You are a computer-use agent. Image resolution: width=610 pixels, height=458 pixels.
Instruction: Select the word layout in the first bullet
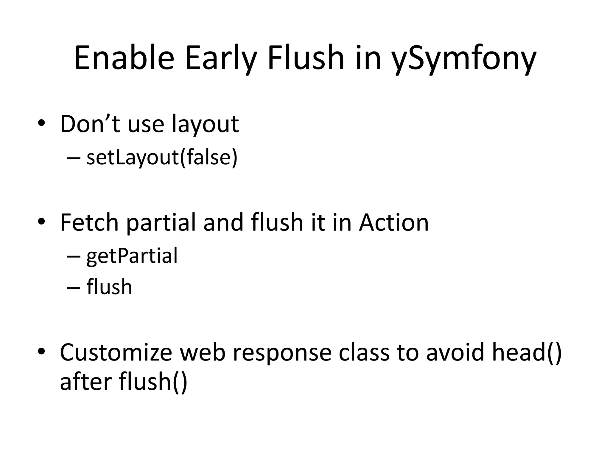205,124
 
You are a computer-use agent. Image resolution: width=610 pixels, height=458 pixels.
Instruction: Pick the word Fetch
89,222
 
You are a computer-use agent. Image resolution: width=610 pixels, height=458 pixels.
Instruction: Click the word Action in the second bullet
393,222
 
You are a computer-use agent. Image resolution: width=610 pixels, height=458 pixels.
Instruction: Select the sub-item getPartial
132,256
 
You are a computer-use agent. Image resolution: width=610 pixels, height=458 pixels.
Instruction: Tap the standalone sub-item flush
109,287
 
